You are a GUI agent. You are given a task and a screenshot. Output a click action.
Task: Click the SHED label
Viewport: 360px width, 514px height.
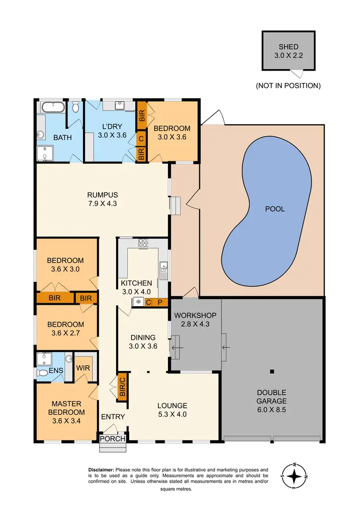coord(288,47)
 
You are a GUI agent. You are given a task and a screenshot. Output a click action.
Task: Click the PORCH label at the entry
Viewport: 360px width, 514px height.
coord(113,439)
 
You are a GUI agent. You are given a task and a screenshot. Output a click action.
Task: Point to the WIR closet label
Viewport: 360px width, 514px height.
coord(83,368)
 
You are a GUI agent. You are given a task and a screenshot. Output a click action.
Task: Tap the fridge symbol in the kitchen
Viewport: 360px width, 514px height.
coord(138,302)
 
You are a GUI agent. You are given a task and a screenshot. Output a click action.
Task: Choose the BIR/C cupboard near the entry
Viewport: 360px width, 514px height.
coord(122,387)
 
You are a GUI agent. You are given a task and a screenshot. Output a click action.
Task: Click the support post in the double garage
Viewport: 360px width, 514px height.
coord(272,371)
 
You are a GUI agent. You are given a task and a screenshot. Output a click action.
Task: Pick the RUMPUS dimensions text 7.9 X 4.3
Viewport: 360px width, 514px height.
coord(102,203)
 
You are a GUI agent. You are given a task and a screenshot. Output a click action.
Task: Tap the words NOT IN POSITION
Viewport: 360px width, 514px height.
coord(288,86)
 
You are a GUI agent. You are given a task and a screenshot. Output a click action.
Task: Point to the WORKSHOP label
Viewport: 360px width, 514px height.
coord(195,315)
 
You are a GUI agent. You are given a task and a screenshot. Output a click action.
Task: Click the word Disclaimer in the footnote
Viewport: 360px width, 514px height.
coord(101,470)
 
